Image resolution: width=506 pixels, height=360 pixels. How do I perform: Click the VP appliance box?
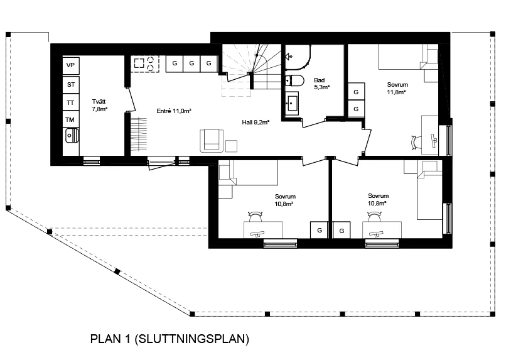click(x=71, y=65)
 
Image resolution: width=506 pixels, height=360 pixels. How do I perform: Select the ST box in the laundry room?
click(x=71, y=85)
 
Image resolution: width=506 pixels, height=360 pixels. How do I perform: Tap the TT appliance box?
click(x=71, y=102)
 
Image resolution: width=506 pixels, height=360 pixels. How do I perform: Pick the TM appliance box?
click(x=71, y=120)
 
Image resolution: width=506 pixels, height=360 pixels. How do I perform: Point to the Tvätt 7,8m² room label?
click(x=99, y=106)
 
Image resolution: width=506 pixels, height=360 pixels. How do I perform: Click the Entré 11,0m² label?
click(x=174, y=111)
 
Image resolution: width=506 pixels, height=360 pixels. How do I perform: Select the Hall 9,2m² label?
click(x=256, y=123)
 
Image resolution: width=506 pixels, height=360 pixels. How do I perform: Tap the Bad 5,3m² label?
click(x=321, y=84)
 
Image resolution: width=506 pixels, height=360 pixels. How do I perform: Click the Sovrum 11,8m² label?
click(x=397, y=89)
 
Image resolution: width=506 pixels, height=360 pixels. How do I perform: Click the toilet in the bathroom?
click(x=294, y=80)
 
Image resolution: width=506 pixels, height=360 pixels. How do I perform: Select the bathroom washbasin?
click(x=292, y=103)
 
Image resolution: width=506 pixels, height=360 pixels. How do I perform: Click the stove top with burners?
click(x=145, y=64)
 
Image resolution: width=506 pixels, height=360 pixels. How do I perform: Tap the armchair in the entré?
click(x=212, y=141)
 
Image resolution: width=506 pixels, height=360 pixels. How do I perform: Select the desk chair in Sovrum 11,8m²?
click(x=416, y=143)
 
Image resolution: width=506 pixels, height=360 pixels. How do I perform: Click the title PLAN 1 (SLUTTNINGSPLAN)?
click(x=170, y=339)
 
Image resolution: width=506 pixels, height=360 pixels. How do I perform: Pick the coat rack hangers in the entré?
click(x=139, y=134)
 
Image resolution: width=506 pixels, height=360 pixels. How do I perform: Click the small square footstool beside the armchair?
click(x=232, y=146)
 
